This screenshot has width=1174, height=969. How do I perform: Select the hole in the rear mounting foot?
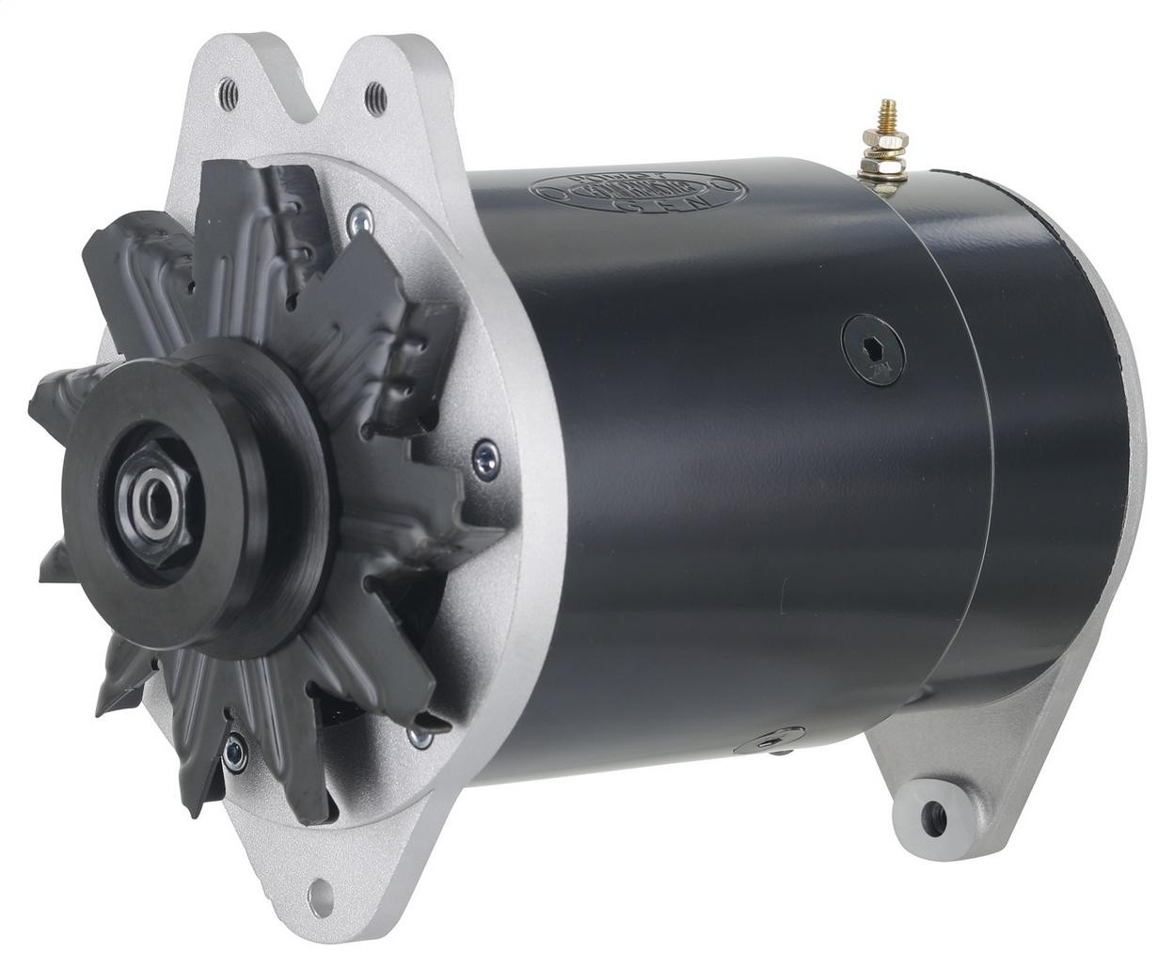pos(934,818)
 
